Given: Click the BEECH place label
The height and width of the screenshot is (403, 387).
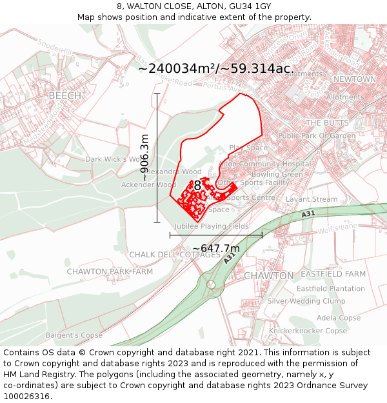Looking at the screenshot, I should (65, 95).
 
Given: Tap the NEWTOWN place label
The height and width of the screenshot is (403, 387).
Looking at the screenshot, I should (354, 79).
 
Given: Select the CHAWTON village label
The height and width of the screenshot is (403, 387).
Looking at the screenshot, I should (268, 275).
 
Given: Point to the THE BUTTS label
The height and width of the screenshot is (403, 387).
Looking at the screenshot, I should (326, 123).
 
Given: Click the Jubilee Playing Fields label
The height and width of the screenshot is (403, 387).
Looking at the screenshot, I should (211, 226).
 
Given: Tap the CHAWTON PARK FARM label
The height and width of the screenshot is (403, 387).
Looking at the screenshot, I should (110, 271).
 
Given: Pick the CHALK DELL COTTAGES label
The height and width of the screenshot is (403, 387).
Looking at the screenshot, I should (175, 255).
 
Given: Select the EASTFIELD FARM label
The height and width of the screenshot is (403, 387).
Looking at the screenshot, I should (333, 274).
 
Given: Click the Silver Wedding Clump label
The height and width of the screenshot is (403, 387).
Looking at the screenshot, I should (306, 301).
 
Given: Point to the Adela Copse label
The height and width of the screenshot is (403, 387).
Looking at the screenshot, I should (339, 318).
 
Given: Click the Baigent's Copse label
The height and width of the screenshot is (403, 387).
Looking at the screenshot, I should (74, 335).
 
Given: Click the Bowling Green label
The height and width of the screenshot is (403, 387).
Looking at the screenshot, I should (277, 174).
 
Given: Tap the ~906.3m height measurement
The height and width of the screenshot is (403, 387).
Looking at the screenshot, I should (145, 159).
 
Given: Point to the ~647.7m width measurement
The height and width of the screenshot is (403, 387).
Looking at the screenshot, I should (216, 248).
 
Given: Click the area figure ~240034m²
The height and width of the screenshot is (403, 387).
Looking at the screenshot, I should (178, 68).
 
